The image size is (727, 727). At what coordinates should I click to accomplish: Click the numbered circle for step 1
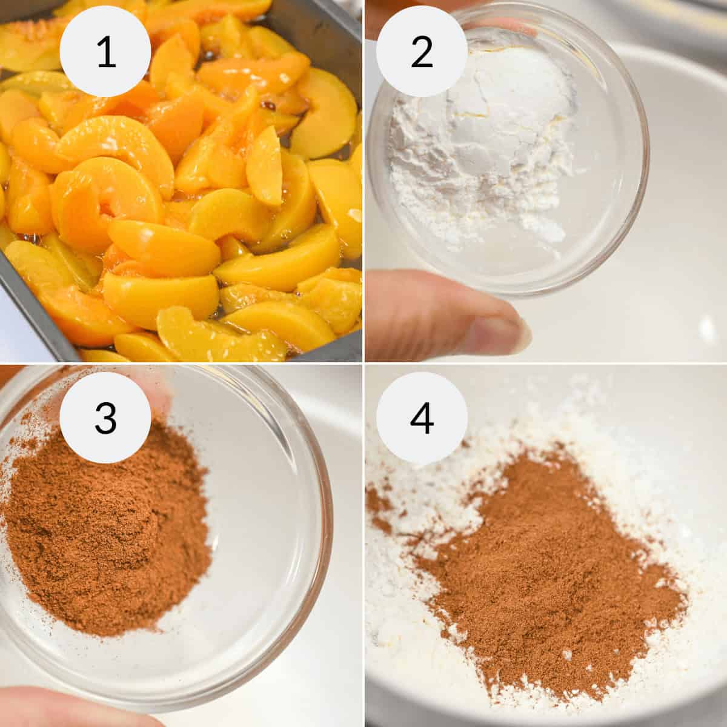[105, 51]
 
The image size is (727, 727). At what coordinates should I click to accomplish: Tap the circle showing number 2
[422, 51]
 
